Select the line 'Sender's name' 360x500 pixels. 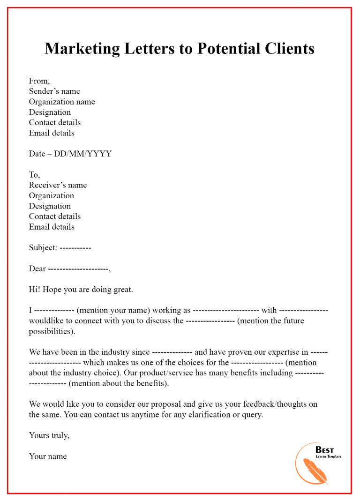point(54,91)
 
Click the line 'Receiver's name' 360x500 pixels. point(58,185)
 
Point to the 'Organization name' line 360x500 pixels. point(62,102)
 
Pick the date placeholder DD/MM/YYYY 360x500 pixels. point(82,154)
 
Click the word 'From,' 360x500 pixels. point(39,81)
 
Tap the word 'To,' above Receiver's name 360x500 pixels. point(35,175)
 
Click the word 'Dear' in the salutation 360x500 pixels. point(37,269)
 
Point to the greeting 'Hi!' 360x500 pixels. point(35,290)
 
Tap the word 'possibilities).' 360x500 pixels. point(52,331)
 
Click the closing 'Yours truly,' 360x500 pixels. point(49,435)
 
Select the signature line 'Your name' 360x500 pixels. point(48,456)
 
